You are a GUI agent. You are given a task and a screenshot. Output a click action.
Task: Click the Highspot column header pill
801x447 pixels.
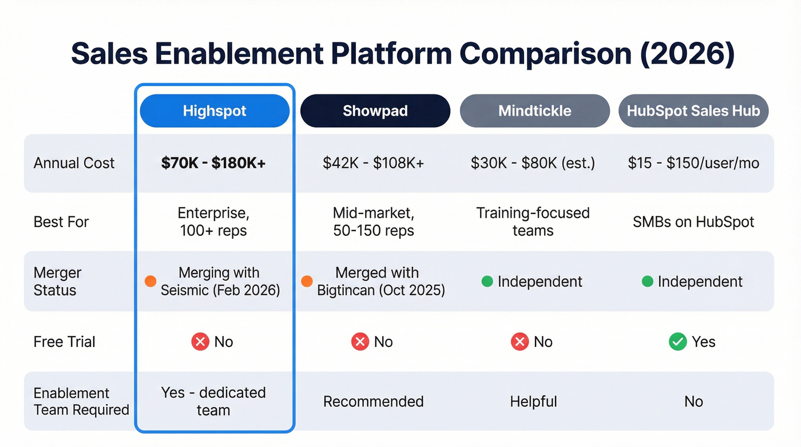215,110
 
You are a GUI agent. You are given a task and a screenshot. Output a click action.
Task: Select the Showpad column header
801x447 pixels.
375,110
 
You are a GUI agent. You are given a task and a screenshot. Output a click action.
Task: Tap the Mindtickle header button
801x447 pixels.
534,110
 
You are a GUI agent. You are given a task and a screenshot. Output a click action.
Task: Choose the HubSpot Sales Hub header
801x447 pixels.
693,110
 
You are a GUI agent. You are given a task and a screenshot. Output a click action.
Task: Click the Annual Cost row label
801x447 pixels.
74,163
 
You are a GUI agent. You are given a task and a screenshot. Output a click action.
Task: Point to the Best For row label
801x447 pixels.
61,221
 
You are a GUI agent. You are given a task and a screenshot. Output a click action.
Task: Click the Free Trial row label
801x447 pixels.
64,342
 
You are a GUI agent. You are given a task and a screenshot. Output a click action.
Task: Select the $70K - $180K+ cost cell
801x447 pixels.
213,163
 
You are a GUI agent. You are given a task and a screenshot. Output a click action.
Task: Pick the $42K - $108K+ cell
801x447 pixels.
374,163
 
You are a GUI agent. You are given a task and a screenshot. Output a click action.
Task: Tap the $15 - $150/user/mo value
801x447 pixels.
693,163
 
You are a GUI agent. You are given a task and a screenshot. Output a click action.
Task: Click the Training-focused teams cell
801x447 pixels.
533,221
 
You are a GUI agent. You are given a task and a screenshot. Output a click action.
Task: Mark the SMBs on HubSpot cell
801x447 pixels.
693,221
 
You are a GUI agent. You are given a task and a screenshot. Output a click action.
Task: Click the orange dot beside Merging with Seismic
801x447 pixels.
150,281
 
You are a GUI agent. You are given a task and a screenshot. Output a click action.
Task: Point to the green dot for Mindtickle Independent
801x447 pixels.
487,281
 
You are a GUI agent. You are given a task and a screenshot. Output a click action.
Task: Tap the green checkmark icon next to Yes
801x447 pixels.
678,342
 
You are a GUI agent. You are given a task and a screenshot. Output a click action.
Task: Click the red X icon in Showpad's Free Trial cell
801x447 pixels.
359,342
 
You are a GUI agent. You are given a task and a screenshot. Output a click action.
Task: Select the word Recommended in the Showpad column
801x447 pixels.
374,401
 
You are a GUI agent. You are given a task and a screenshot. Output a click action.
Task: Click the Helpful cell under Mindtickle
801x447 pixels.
533,401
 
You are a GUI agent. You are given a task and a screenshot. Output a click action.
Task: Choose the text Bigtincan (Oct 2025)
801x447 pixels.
381,290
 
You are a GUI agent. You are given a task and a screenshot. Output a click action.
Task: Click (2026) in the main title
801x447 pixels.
684,53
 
